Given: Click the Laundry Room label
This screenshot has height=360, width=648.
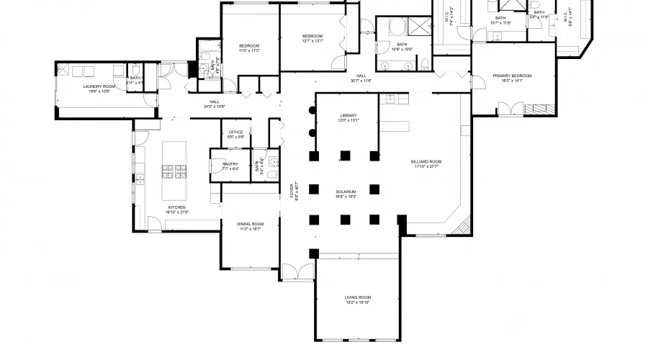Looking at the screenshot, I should point(99,89).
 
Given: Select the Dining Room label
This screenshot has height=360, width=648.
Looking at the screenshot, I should point(250,226).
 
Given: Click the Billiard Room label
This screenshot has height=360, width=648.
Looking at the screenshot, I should point(426,163).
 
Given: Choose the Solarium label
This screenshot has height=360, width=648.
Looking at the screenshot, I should point(346,194).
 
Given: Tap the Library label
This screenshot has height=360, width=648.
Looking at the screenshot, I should point(348,118).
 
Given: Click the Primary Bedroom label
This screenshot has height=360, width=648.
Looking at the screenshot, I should point(512,78).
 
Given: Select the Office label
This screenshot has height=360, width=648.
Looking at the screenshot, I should point(236,134).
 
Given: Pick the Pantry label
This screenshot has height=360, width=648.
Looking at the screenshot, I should point(230,166).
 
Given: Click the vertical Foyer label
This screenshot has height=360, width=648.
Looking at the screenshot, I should point(293,192).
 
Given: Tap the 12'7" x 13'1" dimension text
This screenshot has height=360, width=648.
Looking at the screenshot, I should point(312,41).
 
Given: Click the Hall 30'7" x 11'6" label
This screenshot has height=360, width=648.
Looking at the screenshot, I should point(361,78).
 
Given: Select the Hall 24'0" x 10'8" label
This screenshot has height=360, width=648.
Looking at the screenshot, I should point(215,104).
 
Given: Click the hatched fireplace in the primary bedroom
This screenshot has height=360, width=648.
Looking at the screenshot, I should point(536,109).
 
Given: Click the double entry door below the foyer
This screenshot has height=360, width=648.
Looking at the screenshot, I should point(296,273).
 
